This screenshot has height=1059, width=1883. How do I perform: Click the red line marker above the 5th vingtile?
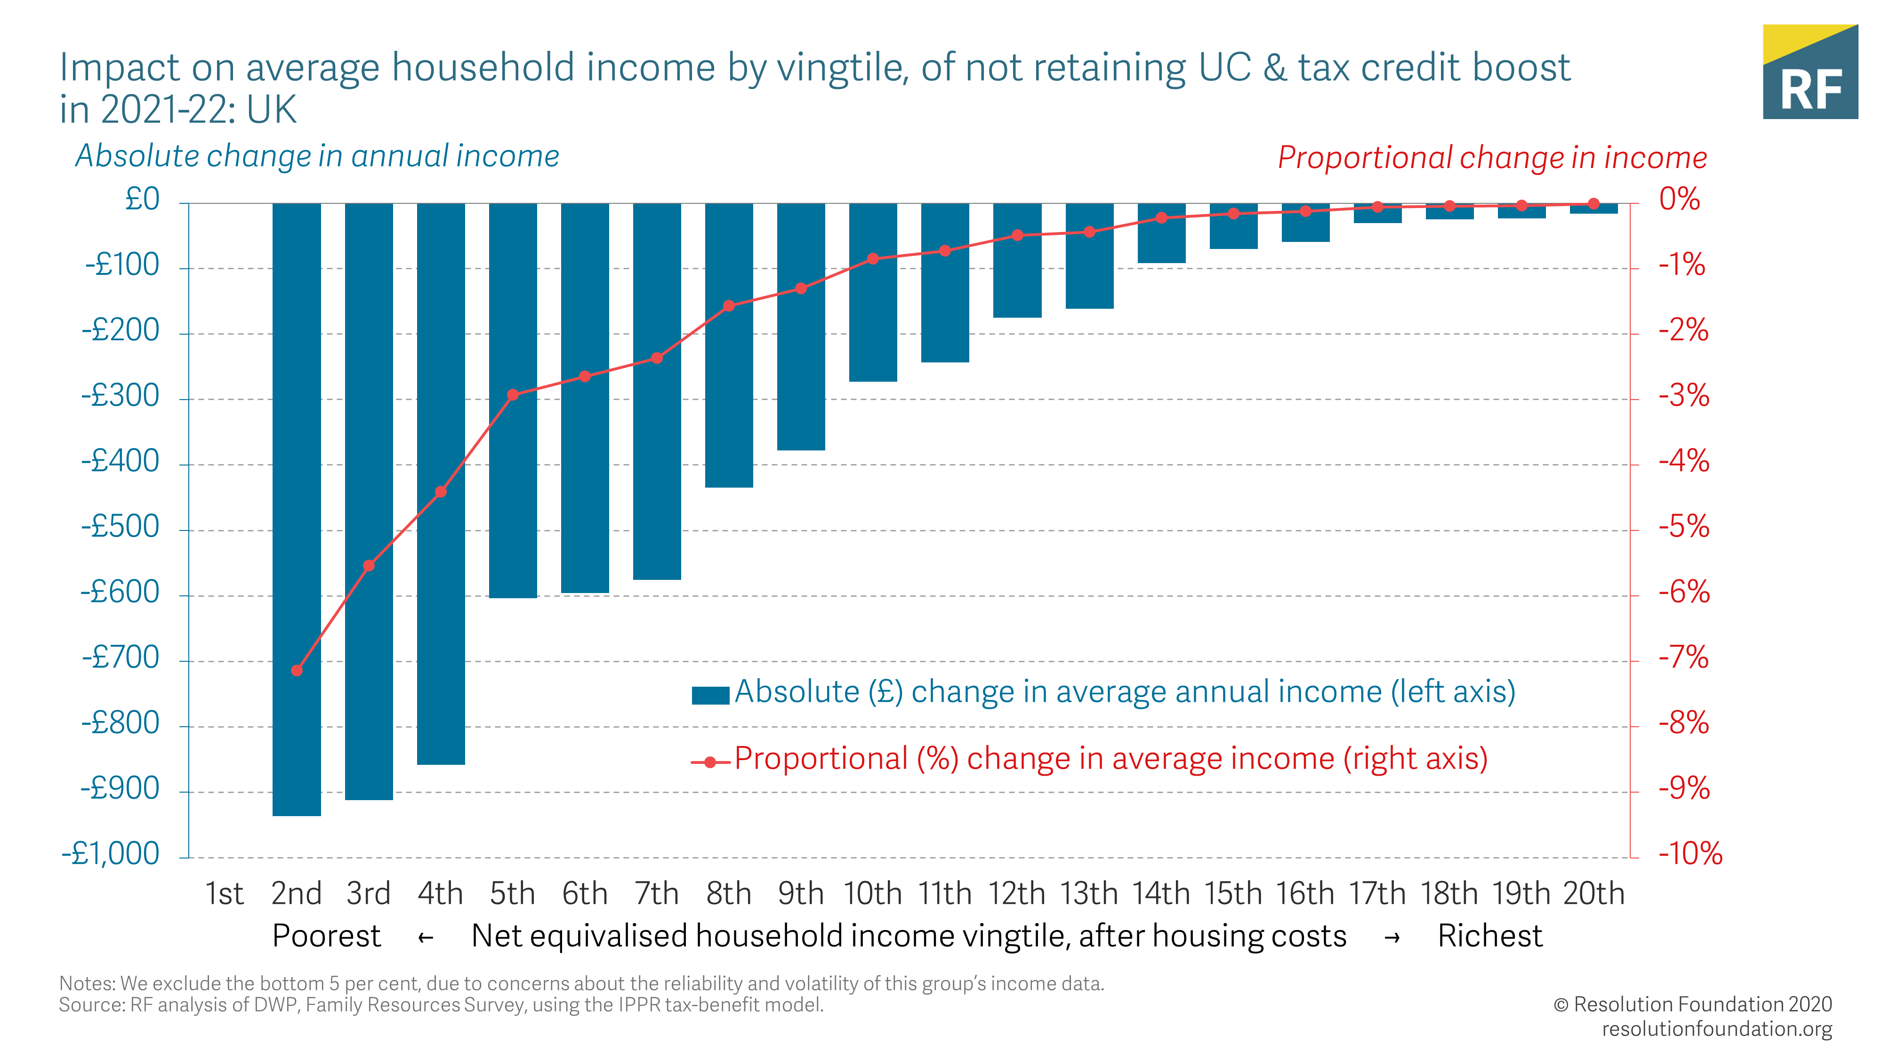[513, 395]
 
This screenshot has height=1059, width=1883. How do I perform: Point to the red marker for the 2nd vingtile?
[297, 670]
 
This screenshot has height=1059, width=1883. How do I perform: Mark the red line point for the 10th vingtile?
[873, 259]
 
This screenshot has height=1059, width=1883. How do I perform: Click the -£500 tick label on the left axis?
[121, 527]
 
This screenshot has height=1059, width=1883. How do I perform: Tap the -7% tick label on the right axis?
[1683, 658]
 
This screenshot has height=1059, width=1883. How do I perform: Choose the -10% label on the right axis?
[1690, 854]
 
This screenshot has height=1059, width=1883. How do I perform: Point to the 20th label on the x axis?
[1593, 893]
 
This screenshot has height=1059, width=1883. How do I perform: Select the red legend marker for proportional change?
[710, 762]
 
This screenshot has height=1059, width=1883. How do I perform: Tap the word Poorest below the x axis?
[326, 936]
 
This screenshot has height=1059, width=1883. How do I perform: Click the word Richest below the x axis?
[1490, 936]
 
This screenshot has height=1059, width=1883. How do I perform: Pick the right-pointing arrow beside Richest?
[1392, 938]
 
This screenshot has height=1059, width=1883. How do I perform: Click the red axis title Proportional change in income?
[1492, 158]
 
